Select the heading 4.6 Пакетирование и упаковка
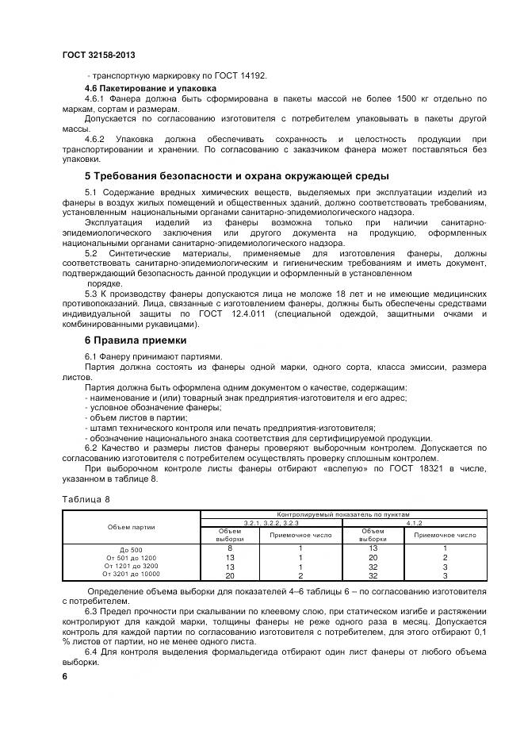150,87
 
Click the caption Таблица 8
86,499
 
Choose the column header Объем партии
132,527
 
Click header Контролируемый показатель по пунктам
342,515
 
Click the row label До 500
132,549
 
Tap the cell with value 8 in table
230,548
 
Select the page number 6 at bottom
65,676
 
